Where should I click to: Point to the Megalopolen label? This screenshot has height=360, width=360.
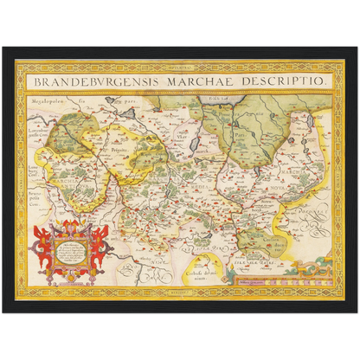click(51, 101)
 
